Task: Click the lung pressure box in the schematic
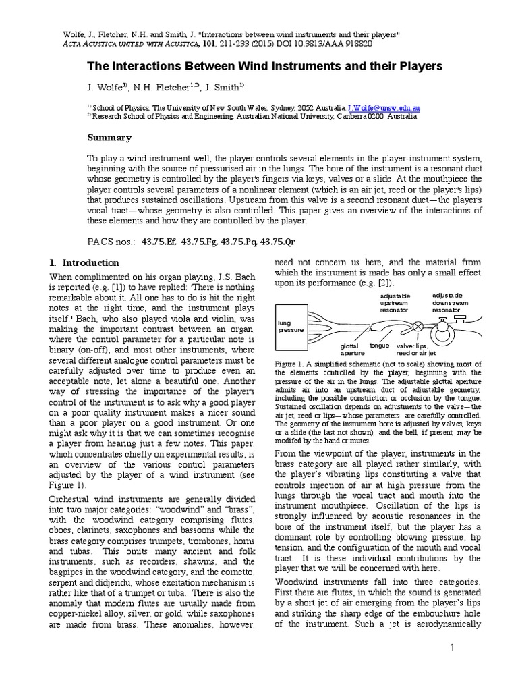pos(291,327)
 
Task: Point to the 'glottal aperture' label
pos(351,348)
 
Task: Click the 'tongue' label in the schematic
pos(380,345)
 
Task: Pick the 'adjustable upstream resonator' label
pos(396,303)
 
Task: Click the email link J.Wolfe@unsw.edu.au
pos(384,107)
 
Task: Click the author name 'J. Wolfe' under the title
pos(107,87)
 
